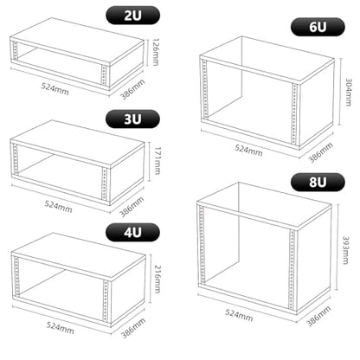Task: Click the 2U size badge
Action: pos(133,16)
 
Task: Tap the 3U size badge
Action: pos(132,119)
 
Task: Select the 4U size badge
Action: pos(132,232)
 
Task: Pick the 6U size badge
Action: pos(318,27)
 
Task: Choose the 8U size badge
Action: pos(318,183)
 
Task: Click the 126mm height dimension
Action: pos(156,52)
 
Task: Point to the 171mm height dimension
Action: pos(157,161)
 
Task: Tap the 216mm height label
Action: pos(157,279)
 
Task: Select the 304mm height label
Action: pos(349,92)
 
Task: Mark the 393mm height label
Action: pos(346,250)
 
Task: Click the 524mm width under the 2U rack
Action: pos(55,89)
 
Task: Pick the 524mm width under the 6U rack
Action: pos(248,150)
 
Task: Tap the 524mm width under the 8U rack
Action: pos(239,315)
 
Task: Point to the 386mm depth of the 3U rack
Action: pos(132,207)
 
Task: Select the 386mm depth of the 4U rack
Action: pos(133,328)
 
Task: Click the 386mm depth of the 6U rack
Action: pos(321,152)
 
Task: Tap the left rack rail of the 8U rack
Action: pos(202,244)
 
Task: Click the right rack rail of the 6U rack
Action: pos(294,114)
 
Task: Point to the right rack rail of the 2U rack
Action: pos(104,76)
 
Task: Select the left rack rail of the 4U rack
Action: pos(16,277)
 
